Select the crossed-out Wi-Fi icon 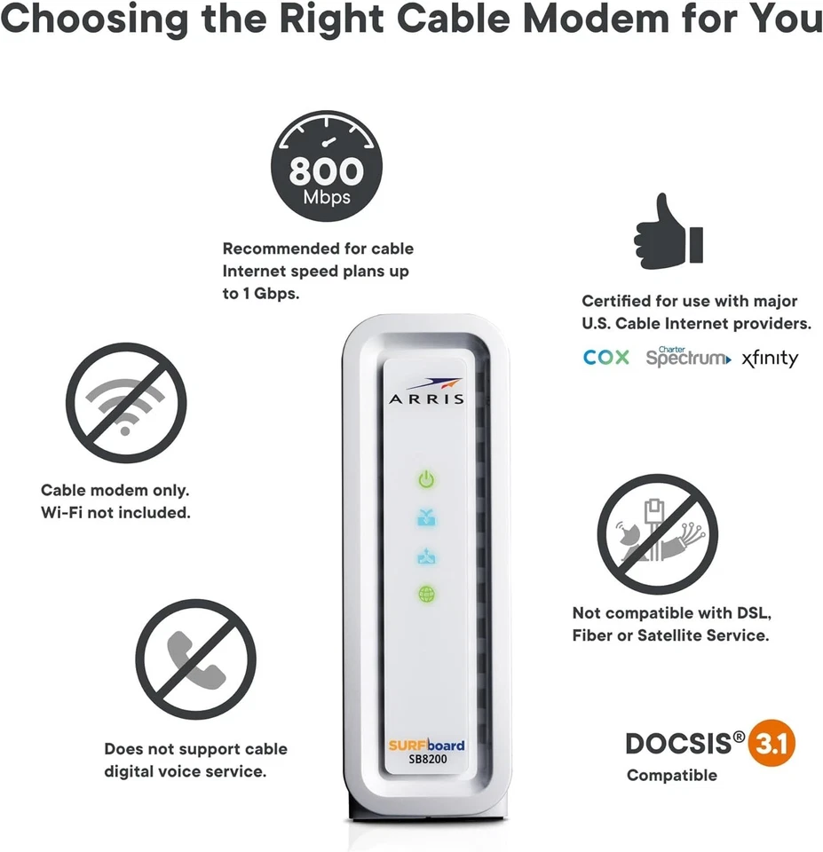tap(126, 403)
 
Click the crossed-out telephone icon tap(195, 659)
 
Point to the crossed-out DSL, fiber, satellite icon tap(657, 533)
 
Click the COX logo tap(606, 358)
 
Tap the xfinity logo tap(770, 359)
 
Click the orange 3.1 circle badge tap(772, 744)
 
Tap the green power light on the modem tap(427, 481)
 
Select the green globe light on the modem tap(427, 594)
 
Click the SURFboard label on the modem tap(426, 745)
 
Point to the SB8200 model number tap(427, 760)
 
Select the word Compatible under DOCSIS tap(672, 776)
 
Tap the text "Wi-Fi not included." tap(115, 513)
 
